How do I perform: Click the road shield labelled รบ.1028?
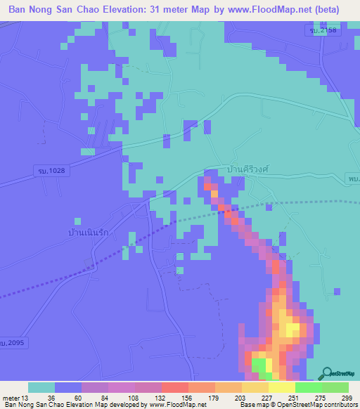point(46,171)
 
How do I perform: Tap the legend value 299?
point(347,398)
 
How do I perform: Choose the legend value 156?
point(187,398)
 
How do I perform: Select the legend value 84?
point(107,398)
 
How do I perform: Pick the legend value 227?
point(267,398)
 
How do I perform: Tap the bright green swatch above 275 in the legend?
point(308,387)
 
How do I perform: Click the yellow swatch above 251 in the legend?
point(281,387)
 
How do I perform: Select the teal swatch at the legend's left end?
point(41,387)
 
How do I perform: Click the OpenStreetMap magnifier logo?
point(329,373)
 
